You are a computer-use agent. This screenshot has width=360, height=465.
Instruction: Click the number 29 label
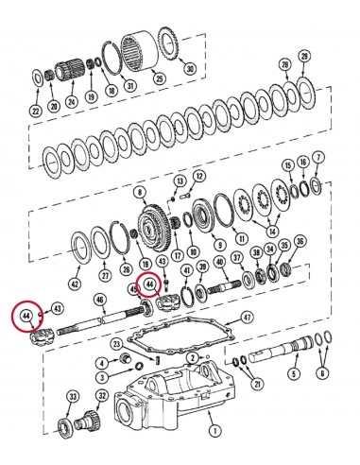[303, 58]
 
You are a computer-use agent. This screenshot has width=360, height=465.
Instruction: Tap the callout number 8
[141, 193]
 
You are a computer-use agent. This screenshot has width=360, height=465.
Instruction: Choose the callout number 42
[75, 281]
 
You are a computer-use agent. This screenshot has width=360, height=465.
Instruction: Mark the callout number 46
[99, 300]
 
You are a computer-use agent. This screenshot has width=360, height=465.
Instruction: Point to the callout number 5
[294, 400]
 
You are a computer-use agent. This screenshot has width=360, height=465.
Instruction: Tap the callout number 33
[71, 398]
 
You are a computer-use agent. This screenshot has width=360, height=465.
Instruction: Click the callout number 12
[199, 176]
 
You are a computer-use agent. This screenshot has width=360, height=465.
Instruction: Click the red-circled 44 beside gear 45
[148, 281]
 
